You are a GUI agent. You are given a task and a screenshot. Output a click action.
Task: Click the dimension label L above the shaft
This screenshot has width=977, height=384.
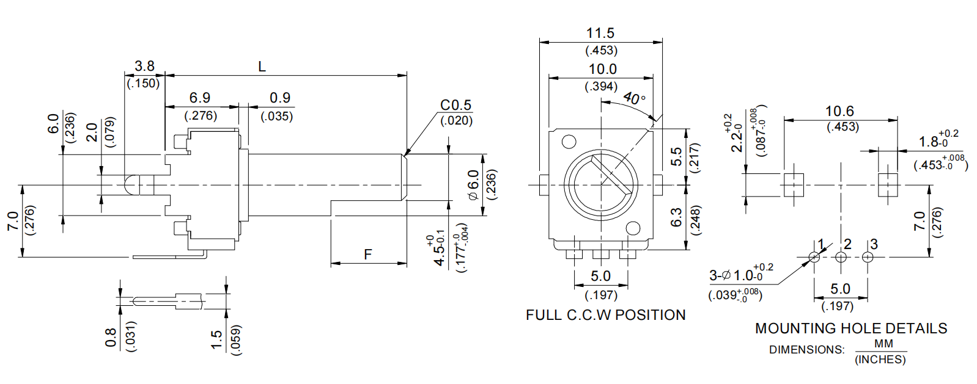(x=262, y=66)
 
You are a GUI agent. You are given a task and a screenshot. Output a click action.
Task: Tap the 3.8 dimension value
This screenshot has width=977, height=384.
(x=144, y=66)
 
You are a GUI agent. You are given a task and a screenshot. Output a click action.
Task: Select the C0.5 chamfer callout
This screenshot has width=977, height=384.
(x=455, y=105)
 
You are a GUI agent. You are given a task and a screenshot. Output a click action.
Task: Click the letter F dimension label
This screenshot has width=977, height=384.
(x=367, y=254)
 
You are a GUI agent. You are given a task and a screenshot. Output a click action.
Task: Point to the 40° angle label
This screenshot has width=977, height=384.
(x=634, y=98)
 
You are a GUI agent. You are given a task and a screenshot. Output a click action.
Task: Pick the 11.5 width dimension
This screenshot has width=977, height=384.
(x=600, y=33)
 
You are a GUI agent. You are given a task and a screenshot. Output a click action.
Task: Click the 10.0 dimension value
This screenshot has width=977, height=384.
(x=602, y=69)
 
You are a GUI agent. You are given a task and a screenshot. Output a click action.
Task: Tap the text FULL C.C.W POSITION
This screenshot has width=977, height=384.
(x=605, y=315)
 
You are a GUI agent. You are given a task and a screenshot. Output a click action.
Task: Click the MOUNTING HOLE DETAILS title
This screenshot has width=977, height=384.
(x=850, y=328)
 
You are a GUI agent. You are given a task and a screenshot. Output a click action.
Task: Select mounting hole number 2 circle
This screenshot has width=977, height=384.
(x=841, y=257)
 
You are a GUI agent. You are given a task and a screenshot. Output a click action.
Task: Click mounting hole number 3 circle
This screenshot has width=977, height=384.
(x=868, y=257)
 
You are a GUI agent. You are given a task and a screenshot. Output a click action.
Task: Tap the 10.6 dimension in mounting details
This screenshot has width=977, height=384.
(x=839, y=111)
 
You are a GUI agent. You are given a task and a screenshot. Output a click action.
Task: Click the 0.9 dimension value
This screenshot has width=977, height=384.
(x=279, y=98)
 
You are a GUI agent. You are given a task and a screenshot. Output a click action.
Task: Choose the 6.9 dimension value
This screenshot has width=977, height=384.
(x=200, y=98)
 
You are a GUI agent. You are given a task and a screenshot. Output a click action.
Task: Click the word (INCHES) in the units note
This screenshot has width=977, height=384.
(x=880, y=360)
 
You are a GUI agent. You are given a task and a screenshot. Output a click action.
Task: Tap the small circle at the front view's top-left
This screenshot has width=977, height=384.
(x=569, y=142)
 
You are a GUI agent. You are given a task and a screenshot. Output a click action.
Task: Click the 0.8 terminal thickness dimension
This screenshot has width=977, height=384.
(x=111, y=338)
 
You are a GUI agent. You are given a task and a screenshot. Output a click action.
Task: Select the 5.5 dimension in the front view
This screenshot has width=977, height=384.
(x=676, y=157)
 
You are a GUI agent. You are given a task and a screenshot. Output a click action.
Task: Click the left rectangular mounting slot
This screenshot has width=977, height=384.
(x=793, y=184)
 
